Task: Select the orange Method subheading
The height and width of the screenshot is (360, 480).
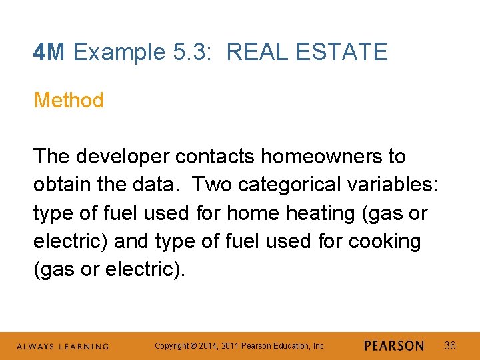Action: (x=69, y=101)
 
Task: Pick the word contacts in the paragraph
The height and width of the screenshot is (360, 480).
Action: (x=215, y=157)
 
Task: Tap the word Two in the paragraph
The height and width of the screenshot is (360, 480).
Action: (x=213, y=185)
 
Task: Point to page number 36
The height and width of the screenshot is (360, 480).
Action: (x=450, y=345)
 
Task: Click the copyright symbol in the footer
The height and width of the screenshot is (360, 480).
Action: (x=193, y=346)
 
